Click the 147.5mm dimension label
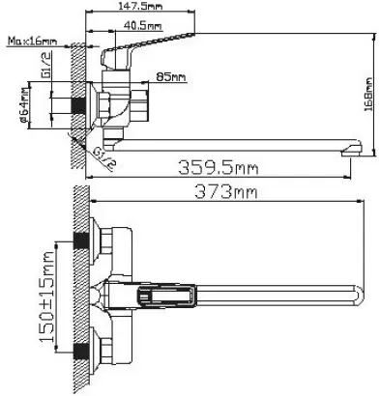coord(140,6)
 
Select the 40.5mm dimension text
coord(142,25)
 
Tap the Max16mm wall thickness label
coord(33,42)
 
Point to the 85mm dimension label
coord(171,77)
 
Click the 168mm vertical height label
coord(367,95)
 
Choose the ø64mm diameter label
coord(23,105)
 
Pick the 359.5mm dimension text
coord(219,168)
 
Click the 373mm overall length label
coord(225,192)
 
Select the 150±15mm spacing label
coord(47,297)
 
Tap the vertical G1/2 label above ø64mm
coord(45,66)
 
